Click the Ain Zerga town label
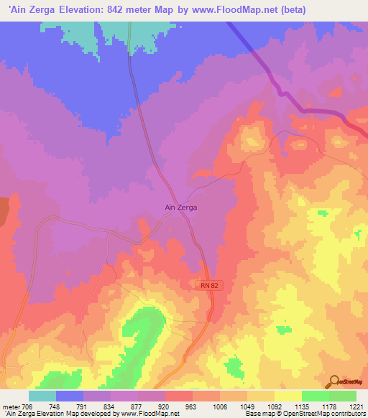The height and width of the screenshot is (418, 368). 181,207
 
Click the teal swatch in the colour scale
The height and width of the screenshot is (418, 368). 42,396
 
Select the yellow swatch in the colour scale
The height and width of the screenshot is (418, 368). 287,396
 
